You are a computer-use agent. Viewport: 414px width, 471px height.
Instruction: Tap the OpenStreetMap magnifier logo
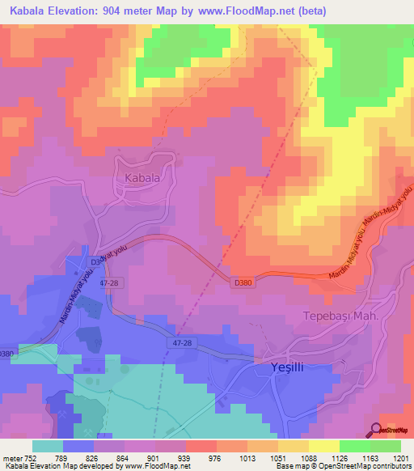[x=376, y=431]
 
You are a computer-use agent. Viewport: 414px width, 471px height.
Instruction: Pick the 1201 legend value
[x=401, y=457]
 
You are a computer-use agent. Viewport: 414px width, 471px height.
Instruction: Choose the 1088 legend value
[x=309, y=457]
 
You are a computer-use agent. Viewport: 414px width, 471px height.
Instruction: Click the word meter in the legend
[x=12, y=457]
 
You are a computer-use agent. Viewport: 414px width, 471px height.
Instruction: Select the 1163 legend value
[x=370, y=457]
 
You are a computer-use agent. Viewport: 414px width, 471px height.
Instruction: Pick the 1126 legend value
[x=340, y=457]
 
